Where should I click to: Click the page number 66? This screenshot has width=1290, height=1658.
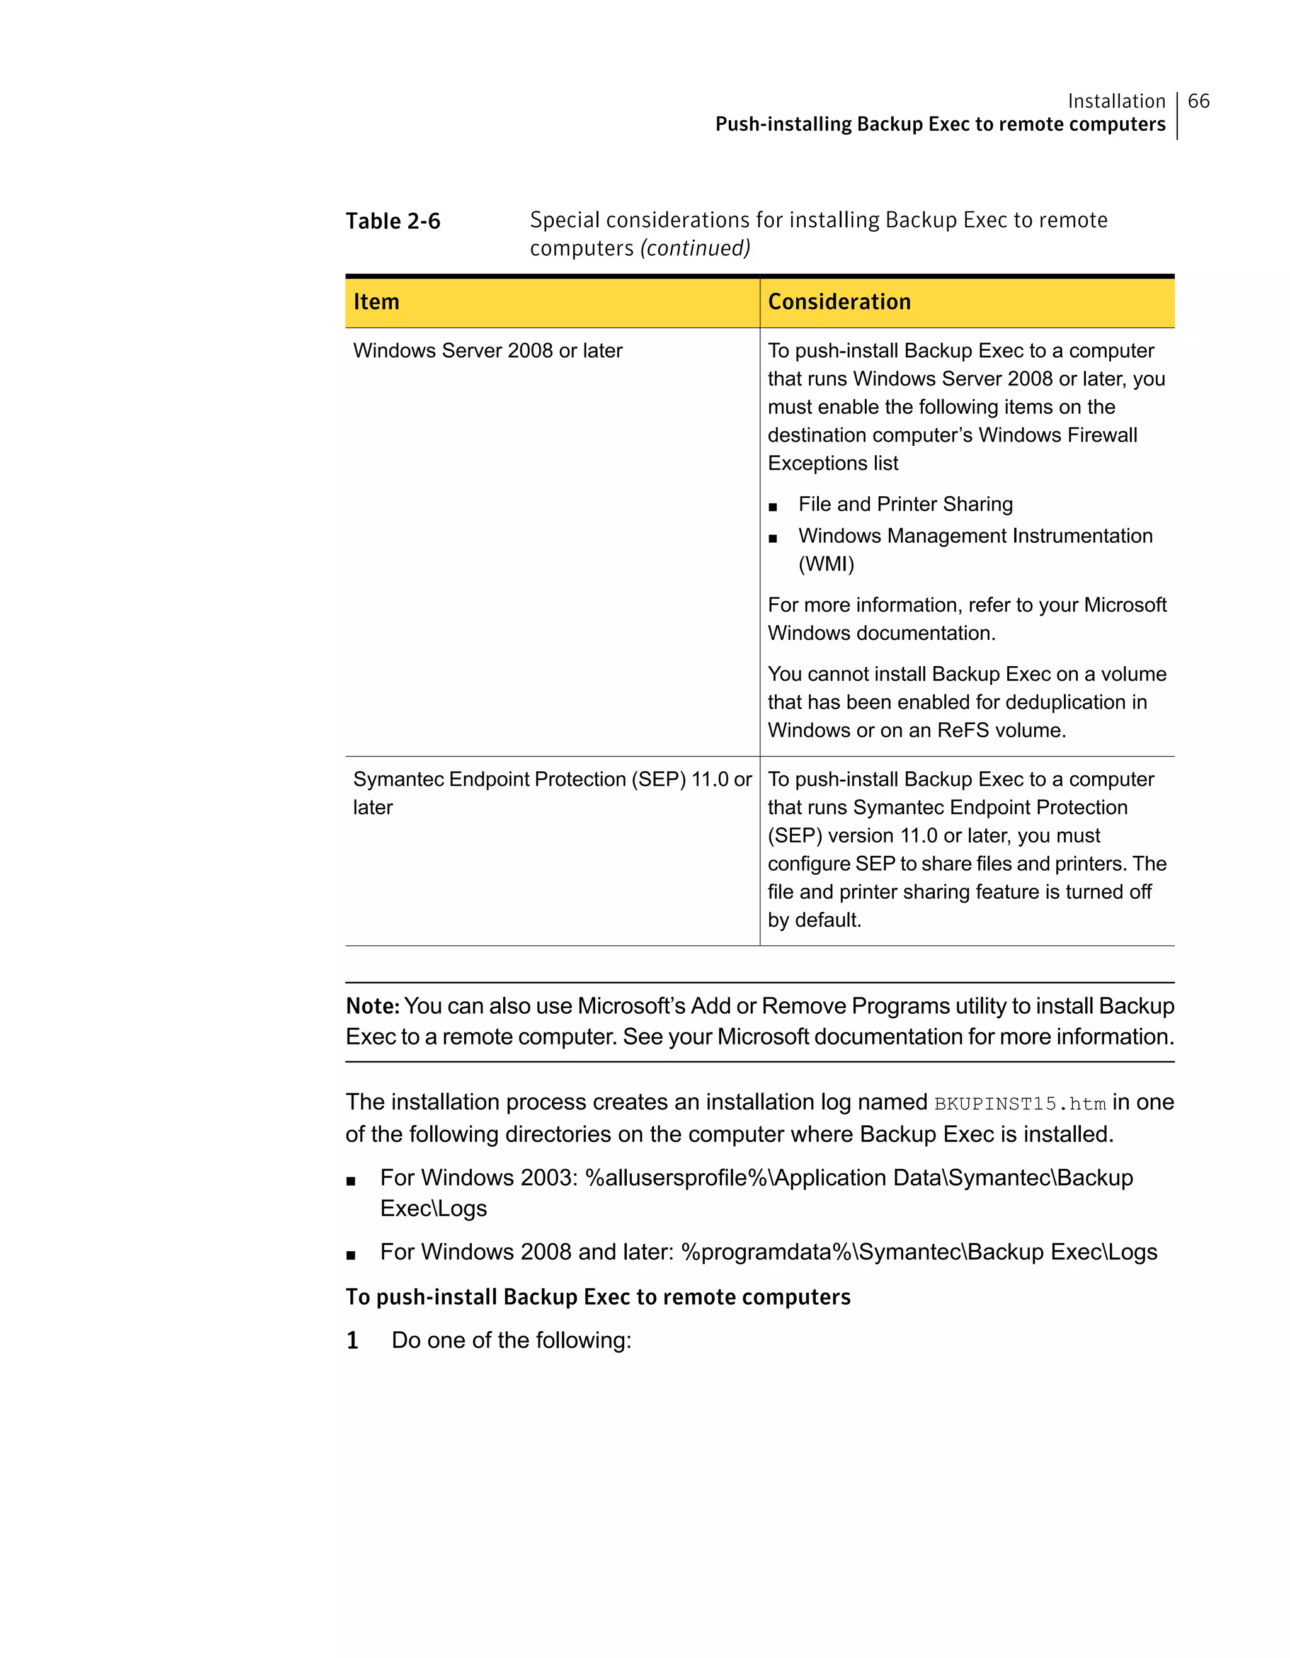click(1198, 101)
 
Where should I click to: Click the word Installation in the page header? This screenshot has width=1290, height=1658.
click(1116, 101)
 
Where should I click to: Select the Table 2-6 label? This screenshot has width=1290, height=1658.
click(392, 221)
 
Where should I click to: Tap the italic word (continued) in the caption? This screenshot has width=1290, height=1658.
click(695, 248)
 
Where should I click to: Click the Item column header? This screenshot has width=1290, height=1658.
click(376, 302)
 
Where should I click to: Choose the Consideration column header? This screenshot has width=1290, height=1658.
click(838, 302)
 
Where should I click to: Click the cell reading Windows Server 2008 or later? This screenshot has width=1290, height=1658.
click(488, 351)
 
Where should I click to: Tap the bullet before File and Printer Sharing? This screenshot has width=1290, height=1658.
click(772, 506)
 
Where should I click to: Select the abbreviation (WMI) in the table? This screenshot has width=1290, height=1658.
click(825, 564)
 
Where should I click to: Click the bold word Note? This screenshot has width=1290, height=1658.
click(372, 1006)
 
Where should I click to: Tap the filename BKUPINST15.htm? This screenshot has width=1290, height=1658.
click(1019, 1104)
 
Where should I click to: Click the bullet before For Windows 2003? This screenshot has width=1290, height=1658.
click(351, 1181)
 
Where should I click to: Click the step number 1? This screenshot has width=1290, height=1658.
click(352, 1341)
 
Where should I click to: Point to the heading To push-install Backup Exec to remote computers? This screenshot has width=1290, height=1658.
click(598, 1297)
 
